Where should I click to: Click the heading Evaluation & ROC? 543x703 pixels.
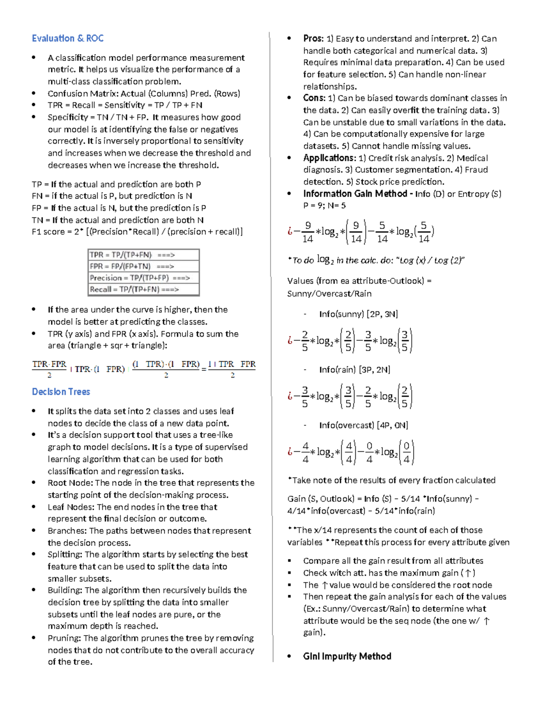click(x=67, y=38)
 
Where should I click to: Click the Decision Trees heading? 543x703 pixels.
click(x=61, y=392)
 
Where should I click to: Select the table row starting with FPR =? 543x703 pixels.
click(x=143, y=266)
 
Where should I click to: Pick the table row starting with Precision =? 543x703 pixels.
click(x=143, y=278)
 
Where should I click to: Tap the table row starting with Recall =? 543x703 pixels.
click(x=143, y=289)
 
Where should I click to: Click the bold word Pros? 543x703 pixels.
click(x=314, y=39)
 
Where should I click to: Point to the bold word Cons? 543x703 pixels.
click(x=314, y=98)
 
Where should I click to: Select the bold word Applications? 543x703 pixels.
click(x=329, y=158)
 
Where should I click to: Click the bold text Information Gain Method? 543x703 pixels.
click(x=355, y=194)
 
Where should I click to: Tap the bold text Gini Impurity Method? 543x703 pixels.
click(x=347, y=656)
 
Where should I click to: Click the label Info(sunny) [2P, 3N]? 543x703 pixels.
click(x=358, y=314)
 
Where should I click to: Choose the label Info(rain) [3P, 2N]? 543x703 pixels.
click(x=354, y=370)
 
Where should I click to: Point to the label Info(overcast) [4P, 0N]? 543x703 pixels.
click(x=363, y=426)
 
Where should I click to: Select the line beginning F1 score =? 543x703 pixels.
click(x=137, y=232)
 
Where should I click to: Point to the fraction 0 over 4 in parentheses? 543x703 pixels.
click(x=406, y=452)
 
